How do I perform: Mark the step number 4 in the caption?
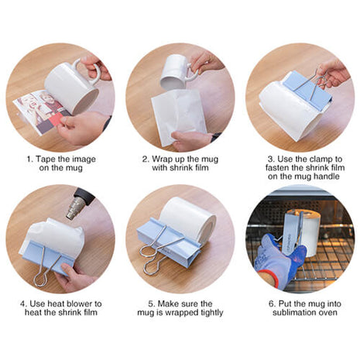point(21,304)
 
